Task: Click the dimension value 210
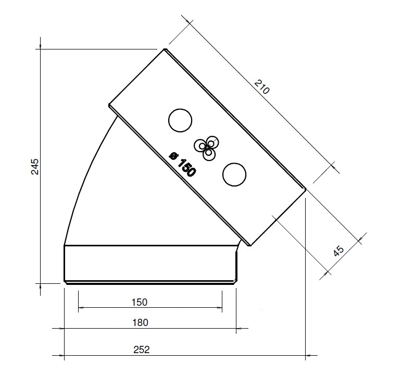coord(262,86)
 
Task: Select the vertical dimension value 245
coord(35,167)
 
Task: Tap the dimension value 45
coord(338,251)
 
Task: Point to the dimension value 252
coord(142,349)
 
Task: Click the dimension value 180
coord(140,322)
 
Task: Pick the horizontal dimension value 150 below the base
coord(140,302)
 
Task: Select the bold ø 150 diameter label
coord(182,165)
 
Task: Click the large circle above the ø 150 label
coord(180,121)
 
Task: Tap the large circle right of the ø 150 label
coord(234,174)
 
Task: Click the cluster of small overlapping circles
coord(207,147)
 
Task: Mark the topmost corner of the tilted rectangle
coord(165,49)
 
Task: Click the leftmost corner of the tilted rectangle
coord(109,106)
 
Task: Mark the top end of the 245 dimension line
coord(41,49)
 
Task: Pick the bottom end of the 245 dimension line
coord(41,283)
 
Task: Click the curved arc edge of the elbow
coord(83,177)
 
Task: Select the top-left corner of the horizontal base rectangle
coord(64,245)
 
